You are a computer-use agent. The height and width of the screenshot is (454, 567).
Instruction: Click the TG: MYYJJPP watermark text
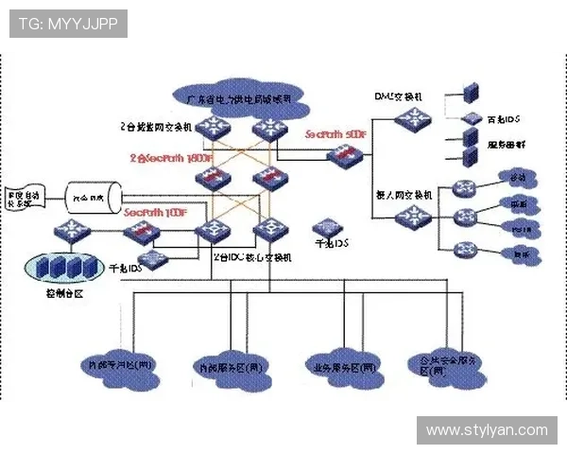point(68,24)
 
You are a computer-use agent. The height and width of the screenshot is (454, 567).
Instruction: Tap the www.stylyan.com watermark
point(487,430)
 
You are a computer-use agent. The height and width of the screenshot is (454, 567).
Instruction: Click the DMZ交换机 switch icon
point(412,118)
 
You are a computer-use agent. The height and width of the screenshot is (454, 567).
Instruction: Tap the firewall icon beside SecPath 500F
point(339,156)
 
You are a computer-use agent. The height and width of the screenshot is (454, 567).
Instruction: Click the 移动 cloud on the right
point(518,179)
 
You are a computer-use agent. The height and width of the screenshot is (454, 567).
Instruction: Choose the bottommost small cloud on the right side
point(518,253)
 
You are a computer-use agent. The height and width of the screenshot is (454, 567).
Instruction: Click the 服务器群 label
point(506,146)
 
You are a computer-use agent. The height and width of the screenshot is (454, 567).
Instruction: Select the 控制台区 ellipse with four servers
point(64,267)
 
